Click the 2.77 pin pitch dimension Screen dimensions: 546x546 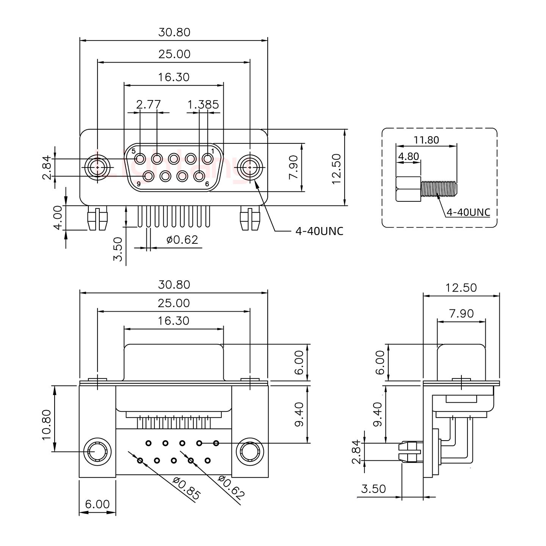pos(148,104)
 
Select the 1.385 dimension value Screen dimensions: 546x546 pos(204,104)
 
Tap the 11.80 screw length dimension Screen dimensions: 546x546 pos(426,140)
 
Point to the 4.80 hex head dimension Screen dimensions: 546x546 pos(408,156)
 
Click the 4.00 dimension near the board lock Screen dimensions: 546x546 pos(58,218)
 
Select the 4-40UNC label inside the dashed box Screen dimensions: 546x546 pos(468,212)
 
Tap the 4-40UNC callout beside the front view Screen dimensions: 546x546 pos(319,231)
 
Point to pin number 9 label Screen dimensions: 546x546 pos(139,184)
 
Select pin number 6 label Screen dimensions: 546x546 pos(207,184)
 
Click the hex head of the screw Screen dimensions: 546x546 pos(408,189)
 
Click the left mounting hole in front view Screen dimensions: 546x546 pos(98,167)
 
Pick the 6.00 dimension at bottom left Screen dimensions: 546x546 pos(97,504)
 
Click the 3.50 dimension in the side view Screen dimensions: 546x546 pos(373,489)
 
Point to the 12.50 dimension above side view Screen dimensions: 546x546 pos(461,288)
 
